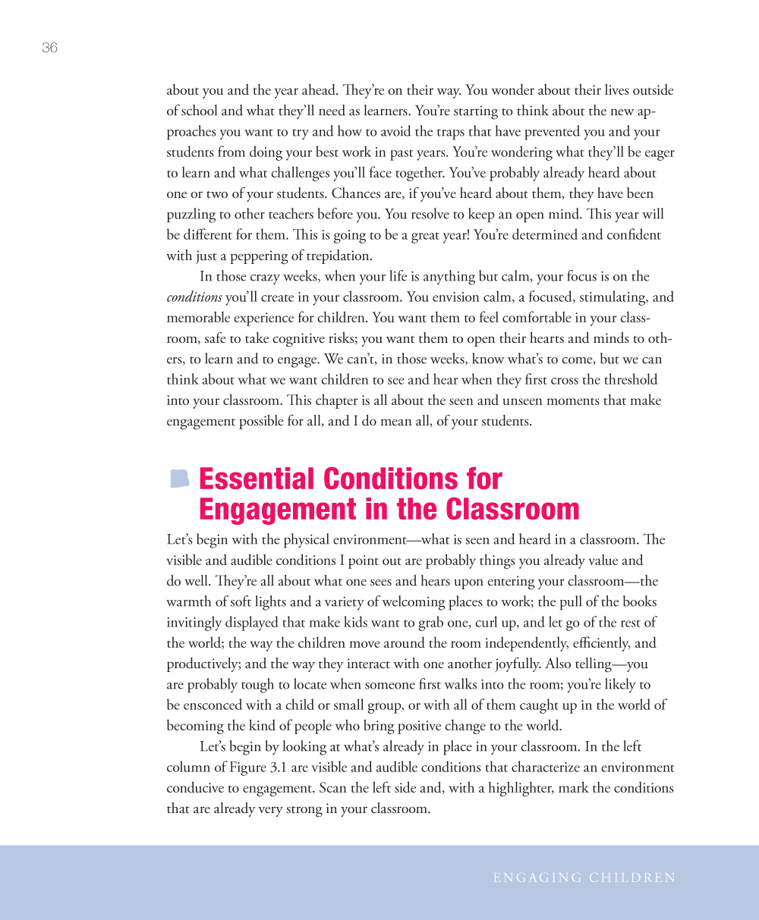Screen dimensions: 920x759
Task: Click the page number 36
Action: (x=49, y=48)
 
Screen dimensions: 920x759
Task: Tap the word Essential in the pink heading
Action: (x=256, y=479)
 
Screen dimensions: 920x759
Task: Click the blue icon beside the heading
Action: (x=179, y=479)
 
